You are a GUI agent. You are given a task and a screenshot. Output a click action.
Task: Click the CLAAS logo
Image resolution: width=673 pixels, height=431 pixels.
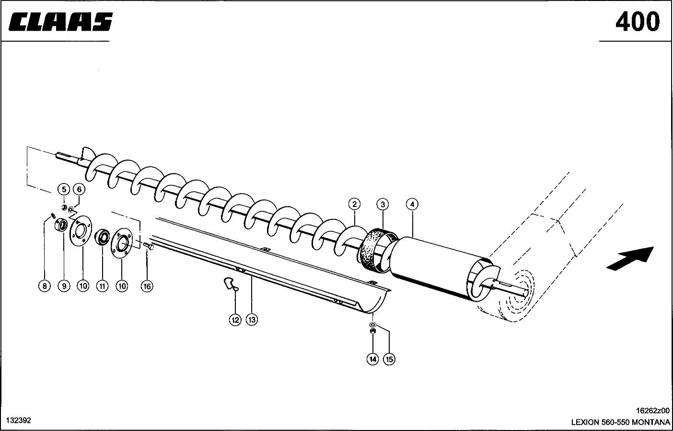(x=60, y=22)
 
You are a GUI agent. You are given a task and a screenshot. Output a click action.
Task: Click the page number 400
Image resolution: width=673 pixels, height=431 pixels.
(x=637, y=22)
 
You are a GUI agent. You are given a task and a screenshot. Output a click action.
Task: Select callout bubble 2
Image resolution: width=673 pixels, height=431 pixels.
(x=354, y=204)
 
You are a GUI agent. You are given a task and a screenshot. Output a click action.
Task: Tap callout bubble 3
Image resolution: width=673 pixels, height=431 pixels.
(x=382, y=204)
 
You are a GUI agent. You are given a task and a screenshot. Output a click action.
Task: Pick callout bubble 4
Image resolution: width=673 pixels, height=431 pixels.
(x=412, y=204)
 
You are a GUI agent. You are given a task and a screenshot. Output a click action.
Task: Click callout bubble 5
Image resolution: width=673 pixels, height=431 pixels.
(x=64, y=189)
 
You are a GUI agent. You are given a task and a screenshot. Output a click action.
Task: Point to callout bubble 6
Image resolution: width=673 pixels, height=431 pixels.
(x=80, y=189)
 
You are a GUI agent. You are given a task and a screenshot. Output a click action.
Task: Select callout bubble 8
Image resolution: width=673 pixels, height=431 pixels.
(x=44, y=286)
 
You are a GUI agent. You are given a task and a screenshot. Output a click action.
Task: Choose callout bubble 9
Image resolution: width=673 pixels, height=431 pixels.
(x=63, y=286)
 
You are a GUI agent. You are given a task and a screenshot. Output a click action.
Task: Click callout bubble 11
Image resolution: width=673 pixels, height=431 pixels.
(x=102, y=286)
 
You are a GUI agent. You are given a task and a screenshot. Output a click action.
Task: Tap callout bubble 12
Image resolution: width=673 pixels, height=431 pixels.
(x=235, y=320)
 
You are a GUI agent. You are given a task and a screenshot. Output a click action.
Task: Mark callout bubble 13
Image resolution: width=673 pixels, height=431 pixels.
(x=252, y=320)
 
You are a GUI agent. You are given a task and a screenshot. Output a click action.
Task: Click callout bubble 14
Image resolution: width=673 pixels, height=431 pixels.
(x=372, y=359)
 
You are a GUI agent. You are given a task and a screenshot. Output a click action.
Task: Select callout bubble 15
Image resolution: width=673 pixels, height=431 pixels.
(x=389, y=359)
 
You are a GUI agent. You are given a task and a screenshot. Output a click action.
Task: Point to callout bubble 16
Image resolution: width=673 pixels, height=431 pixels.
(x=147, y=286)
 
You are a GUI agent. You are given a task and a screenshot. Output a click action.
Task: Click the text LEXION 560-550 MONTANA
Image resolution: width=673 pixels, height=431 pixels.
(x=620, y=422)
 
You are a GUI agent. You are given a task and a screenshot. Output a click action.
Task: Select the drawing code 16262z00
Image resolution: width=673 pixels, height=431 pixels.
(x=652, y=411)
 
